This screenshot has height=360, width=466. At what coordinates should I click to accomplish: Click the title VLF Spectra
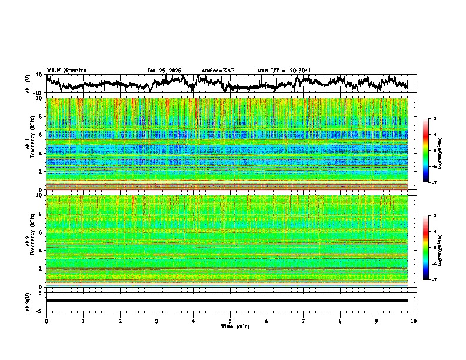[x=66, y=70]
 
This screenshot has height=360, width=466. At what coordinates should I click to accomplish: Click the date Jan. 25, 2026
[x=164, y=71]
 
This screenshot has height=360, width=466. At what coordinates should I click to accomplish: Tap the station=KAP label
[x=218, y=71]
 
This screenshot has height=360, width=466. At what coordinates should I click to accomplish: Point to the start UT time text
[x=284, y=71]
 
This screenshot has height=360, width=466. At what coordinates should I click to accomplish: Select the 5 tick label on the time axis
[x=230, y=321]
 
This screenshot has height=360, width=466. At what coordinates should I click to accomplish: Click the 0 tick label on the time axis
[x=46, y=321]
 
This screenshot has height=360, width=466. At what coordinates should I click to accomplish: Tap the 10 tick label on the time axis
[x=414, y=321]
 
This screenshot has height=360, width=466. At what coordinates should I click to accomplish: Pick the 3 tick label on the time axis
[x=157, y=321]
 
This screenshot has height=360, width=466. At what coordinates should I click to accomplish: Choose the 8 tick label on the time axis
[x=340, y=321]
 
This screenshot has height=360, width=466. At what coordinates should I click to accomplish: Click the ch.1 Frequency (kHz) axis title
[x=31, y=144]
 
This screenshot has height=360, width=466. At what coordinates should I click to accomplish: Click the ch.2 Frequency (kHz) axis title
[x=31, y=241]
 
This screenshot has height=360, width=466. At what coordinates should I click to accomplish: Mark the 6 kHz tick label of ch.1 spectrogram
[x=41, y=135]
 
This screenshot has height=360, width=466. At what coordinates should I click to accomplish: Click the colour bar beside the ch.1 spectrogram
[x=426, y=151]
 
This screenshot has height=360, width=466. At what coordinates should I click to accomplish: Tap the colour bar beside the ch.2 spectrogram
[x=426, y=248]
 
